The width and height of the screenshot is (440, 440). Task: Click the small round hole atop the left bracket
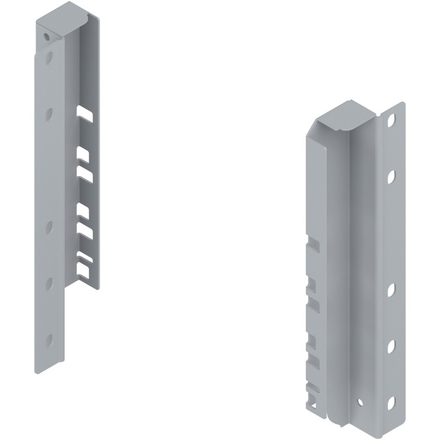(x=47, y=37)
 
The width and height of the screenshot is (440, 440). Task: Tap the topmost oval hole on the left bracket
(x=49, y=59)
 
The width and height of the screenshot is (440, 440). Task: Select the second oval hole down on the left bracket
(x=49, y=114)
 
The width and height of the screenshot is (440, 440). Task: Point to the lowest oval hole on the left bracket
(x=49, y=339)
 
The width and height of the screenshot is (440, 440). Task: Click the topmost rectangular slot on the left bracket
(x=85, y=113)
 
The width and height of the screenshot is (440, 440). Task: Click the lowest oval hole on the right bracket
(x=391, y=402)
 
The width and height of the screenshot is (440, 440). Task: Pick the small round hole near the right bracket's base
(x=359, y=402)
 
